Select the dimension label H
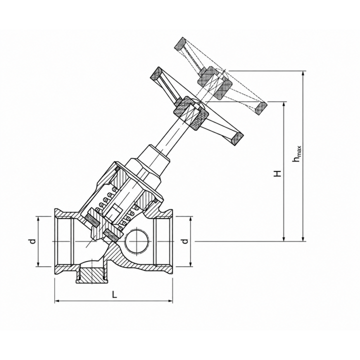tap(277, 173)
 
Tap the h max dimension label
tap(296, 153)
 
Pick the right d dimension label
tap(184, 241)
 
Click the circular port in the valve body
tap(136, 241)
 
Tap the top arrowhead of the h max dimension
tap(303, 74)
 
